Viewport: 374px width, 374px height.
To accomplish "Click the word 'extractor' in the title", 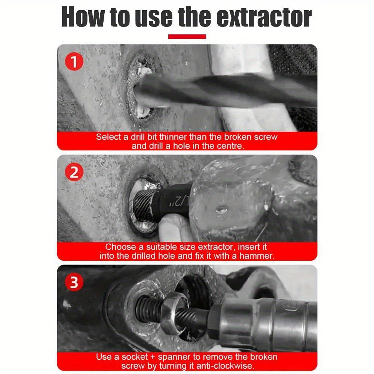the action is click(x=264, y=17).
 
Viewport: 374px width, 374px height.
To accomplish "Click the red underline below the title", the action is click(x=187, y=37).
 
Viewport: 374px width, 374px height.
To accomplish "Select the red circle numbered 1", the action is click(x=74, y=62).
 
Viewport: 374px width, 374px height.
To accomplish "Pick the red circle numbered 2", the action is click(x=74, y=172).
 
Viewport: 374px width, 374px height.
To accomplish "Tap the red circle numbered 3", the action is click(x=74, y=282).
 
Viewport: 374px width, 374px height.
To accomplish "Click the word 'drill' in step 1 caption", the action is click(x=138, y=137).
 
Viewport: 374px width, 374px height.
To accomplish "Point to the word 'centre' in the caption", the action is click(x=230, y=146).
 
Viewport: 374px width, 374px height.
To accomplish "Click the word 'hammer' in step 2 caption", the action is click(x=257, y=256).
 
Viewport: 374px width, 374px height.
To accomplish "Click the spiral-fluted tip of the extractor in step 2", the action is click(x=143, y=205).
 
